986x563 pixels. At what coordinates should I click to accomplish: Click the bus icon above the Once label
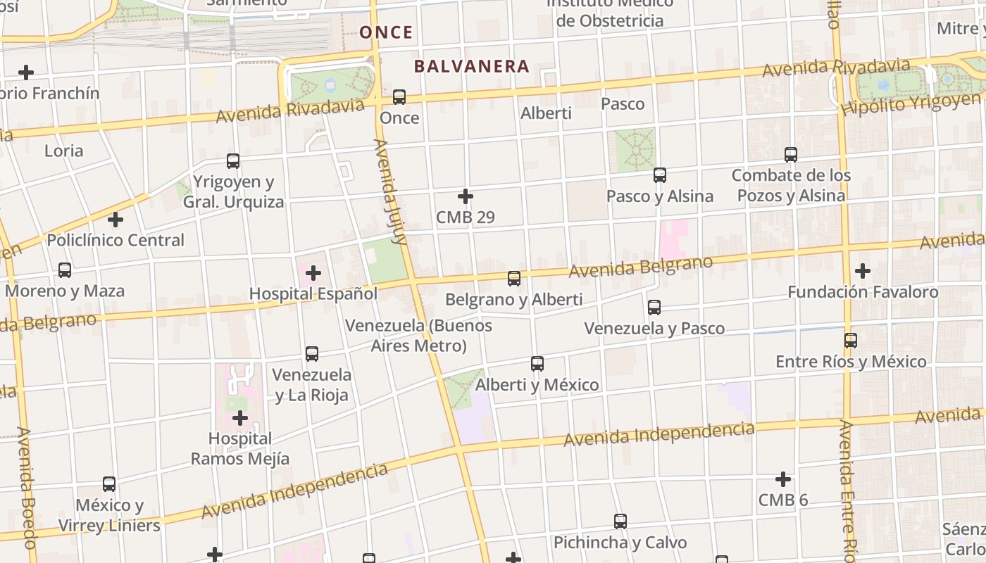coord(399,97)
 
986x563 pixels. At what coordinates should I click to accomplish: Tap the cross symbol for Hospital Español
coord(313,273)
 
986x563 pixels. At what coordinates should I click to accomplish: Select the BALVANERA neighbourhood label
coord(471,66)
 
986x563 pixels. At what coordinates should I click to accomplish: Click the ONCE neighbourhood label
coord(386,32)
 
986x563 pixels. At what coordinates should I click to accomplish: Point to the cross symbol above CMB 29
coord(466,196)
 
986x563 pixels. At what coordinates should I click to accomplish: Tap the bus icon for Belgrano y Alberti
coord(514,279)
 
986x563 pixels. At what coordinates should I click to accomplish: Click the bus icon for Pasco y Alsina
coord(660,175)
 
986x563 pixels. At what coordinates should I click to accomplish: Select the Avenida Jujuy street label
coord(391,191)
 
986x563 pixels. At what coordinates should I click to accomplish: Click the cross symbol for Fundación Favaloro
coord(863,271)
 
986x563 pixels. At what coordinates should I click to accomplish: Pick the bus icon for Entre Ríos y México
coord(851,341)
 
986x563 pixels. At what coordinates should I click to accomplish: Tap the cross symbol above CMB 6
coord(783,480)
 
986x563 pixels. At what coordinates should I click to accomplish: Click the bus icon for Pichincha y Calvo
coord(620,521)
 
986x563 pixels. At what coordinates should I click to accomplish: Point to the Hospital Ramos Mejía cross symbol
coord(240,419)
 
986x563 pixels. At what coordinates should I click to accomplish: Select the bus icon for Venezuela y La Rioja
coord(312,354)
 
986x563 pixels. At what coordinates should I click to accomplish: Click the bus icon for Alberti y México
coord(537,364)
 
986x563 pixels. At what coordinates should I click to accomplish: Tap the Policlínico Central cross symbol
coord(116,220)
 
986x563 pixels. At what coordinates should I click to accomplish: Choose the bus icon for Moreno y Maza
coord(65,270)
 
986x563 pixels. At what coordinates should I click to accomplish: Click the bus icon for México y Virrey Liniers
coord(109,484)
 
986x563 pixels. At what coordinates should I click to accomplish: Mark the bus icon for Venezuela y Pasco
coord(654,308)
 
